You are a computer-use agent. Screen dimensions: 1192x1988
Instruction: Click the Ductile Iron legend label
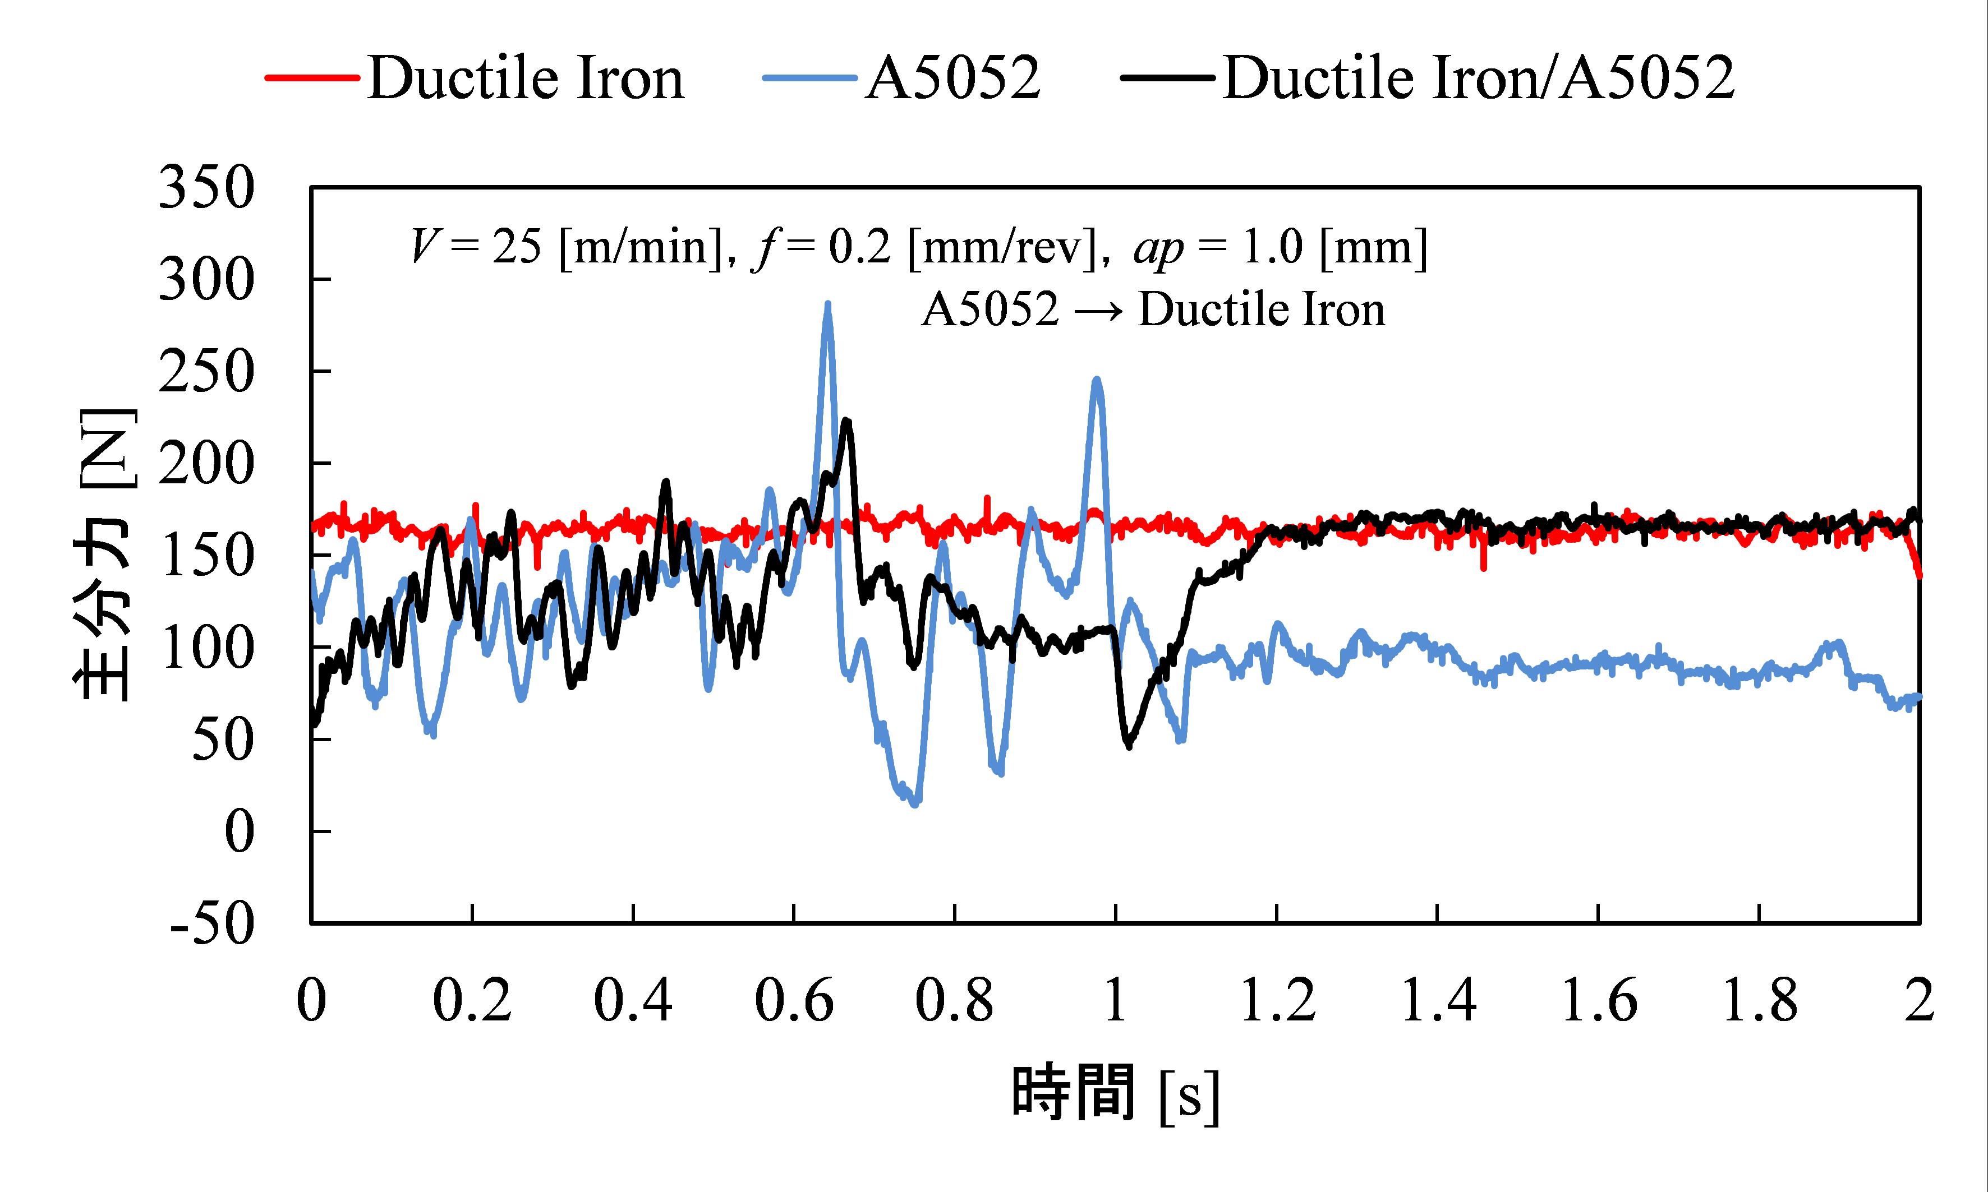(x=526, y=78)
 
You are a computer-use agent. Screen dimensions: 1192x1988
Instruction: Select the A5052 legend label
(x=952, y=78)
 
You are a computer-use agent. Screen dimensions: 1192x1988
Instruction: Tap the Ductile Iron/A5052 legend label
(x=1479, y=78)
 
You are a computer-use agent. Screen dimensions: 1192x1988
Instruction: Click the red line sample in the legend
(x=312, y=78)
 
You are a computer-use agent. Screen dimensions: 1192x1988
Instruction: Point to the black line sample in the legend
(x=1167, y=78)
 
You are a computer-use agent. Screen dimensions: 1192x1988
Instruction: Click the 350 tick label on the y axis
(x=206, y=188)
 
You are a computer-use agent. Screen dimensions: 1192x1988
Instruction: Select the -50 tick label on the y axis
(x=212, y=924)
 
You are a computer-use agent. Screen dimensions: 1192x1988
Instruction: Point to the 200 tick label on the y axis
(x=206, y=464)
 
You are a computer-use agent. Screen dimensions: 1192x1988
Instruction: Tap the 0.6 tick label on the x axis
(x=794, y=1001)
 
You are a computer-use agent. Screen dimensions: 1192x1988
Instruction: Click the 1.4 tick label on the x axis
(x=1438, y=1001)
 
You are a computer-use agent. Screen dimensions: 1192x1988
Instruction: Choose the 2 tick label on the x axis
(x=1919, y=1001)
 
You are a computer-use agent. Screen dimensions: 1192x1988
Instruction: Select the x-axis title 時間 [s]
(x=1115, y=1094)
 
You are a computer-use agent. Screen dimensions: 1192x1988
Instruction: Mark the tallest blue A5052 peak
(x=827, y=305)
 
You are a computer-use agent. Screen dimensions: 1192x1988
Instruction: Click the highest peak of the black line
(x=845, y=421)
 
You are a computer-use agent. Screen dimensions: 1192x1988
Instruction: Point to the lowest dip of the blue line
(x=914, y=803)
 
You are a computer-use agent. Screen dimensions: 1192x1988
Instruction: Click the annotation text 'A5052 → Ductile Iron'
(x=1153, y=310)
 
